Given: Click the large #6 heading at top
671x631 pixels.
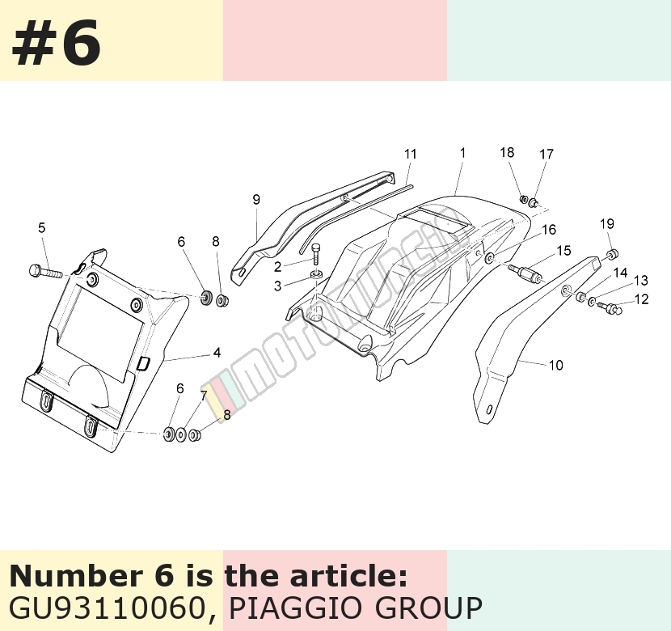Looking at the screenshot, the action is (57, 43).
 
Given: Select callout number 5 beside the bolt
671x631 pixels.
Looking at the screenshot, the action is (41, 228).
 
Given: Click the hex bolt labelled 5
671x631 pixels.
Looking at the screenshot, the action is (46, 271).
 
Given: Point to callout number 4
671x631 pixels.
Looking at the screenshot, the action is (217, 353).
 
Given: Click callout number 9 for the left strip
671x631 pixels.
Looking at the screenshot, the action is (256, 200).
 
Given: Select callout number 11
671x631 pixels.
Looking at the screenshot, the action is (411, 155).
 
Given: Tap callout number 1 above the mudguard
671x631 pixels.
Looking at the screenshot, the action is (462, 153).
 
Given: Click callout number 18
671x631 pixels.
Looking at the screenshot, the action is (507, 152).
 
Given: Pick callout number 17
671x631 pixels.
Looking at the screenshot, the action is (547, 155).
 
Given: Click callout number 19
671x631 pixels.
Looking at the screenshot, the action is (607, 224).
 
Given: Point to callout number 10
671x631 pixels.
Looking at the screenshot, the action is (556, 365).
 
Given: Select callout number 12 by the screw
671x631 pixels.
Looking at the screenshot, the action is (642, 299).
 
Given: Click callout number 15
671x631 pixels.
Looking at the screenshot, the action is (564, 251).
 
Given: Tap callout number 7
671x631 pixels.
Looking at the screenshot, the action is (204, 396).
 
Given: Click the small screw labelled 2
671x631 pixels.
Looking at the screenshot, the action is (316, 254).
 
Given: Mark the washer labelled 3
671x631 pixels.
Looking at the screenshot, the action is (317, 274).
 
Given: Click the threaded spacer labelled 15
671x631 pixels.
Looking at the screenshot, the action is (526, 273).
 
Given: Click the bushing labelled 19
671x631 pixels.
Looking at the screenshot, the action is (613, 255).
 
